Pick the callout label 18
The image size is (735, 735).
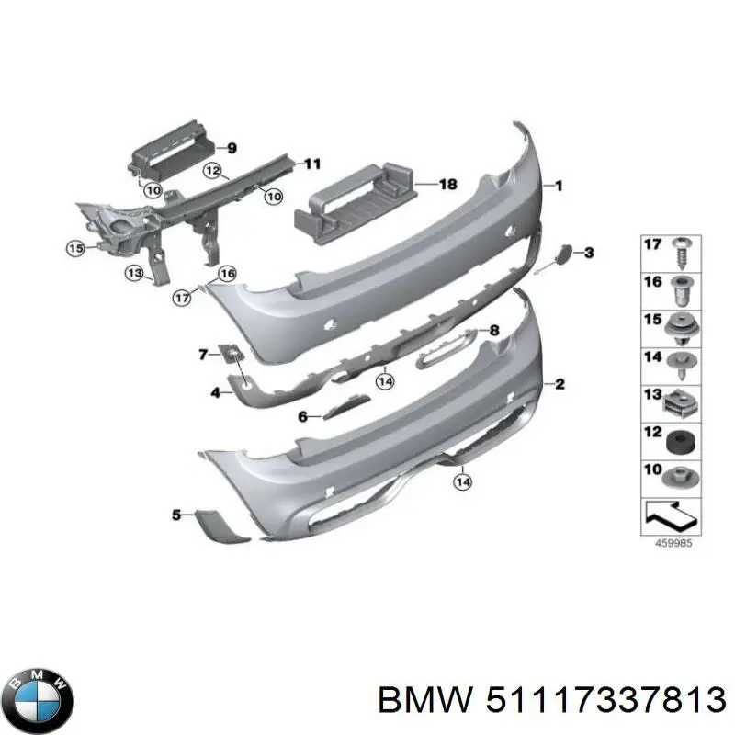pos(447,185)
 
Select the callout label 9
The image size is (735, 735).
pos(232,148)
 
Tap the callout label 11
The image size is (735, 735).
pos(313,164)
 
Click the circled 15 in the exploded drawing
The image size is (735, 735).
pos(75,247)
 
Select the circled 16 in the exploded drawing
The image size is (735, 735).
pos(227,273)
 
